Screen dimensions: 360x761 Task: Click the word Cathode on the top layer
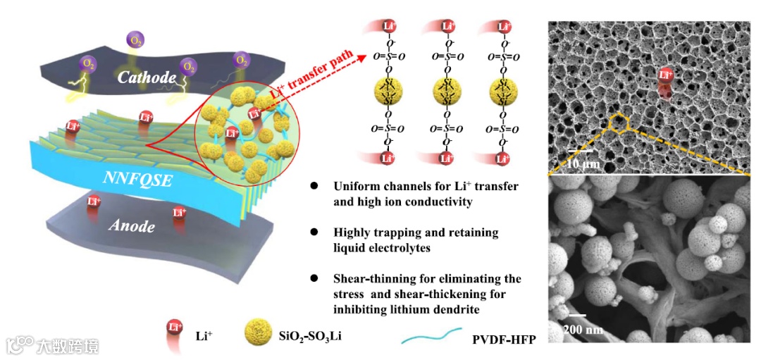147,77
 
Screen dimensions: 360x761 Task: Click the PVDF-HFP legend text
504,340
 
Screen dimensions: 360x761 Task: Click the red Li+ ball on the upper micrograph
665,75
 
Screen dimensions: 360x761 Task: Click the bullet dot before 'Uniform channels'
314,187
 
